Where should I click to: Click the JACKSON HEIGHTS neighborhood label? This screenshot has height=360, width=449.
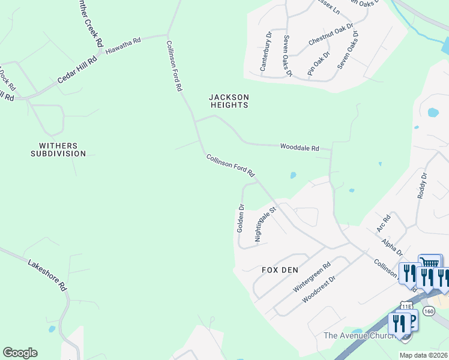coord(229,101)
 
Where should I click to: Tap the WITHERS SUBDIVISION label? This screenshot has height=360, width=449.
coord(58,149)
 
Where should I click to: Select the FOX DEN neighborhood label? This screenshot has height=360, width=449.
coord(280,270)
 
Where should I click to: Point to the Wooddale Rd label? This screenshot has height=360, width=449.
coord(300,147)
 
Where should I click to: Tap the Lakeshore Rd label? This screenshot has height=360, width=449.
coord(47,275)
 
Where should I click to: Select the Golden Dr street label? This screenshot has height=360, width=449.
coord(240,218)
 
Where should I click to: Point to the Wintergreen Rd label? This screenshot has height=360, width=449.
coord(312,277)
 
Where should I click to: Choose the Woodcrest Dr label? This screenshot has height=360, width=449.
coord(318,289)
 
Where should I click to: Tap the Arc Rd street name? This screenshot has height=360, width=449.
coord(384,223)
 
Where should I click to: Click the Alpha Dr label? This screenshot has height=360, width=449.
coord(392,246)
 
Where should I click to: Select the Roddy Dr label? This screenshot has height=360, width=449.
coord(421,186)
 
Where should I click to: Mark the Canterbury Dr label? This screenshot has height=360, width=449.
coord(266,52)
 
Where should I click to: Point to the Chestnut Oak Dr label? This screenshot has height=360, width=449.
coord(331,35)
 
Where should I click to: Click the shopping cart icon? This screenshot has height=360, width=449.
coord(430,263)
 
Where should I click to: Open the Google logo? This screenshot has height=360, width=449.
coord(20,353)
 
